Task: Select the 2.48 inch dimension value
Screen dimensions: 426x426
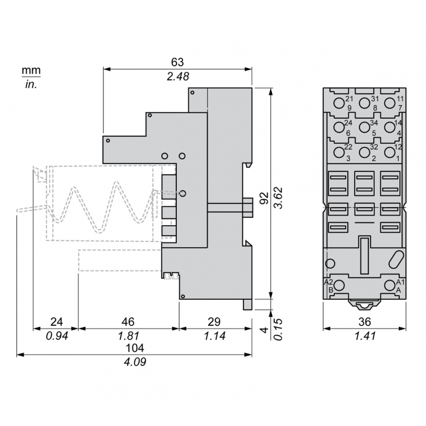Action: [x=177, y=77]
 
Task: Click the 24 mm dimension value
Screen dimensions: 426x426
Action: [x=56, y=322]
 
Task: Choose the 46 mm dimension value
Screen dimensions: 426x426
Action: [x=128, y=322]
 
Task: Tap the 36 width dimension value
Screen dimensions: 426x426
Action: [x=364, y=322]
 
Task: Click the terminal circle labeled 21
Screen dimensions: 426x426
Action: [x=339, y=102]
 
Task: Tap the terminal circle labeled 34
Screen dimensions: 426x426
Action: [x=364, y=127]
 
